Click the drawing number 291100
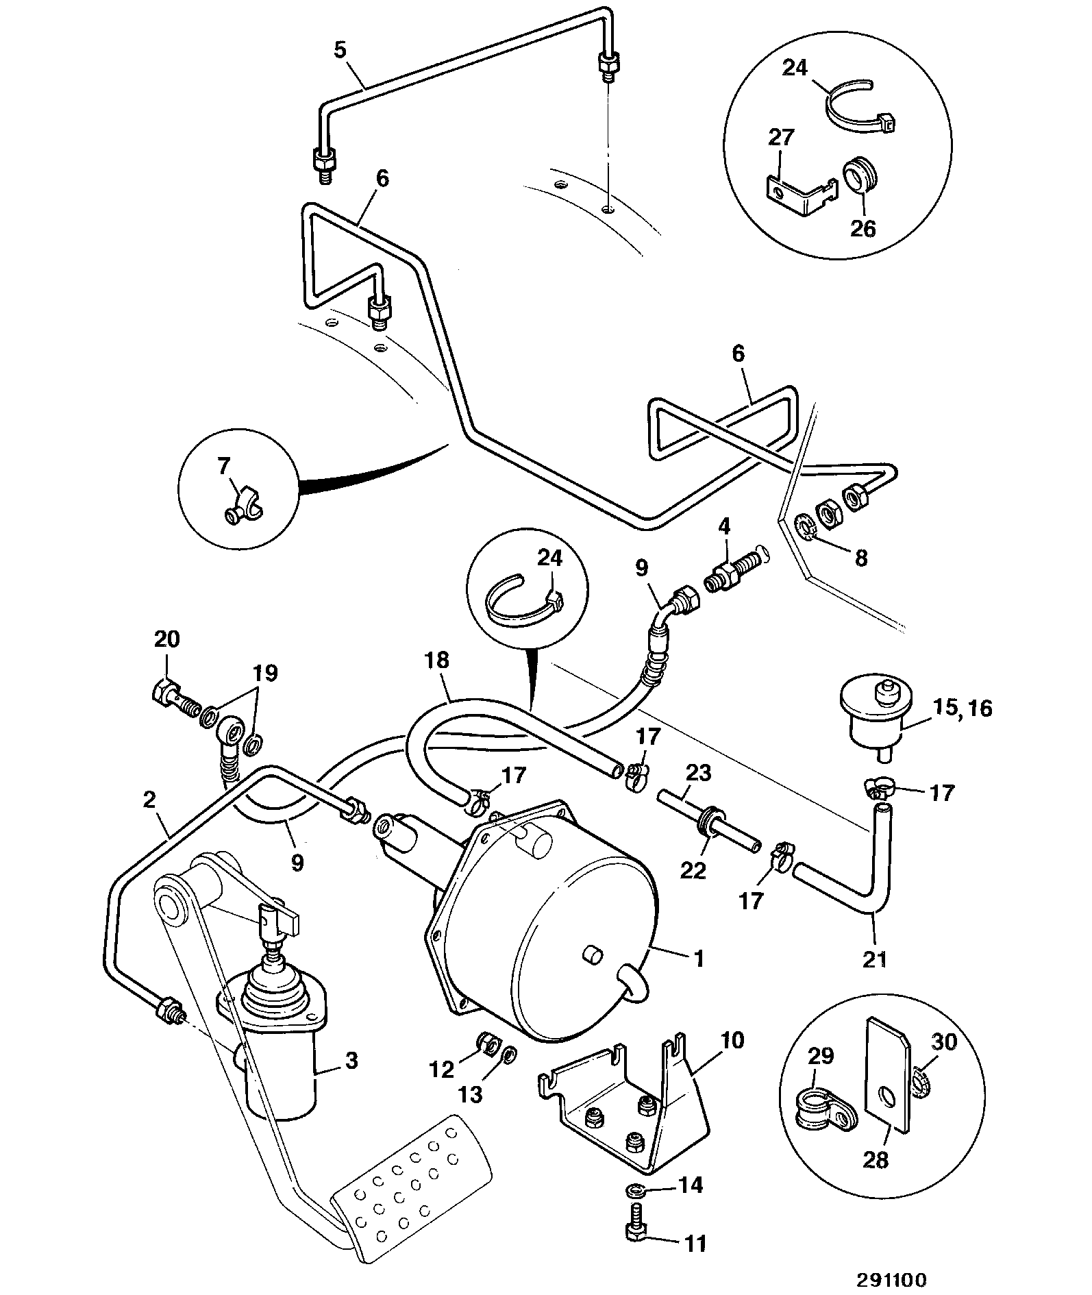coord(891,1279)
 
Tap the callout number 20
coord(166,639)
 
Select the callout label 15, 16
coord(962,708)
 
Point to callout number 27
coord(781,137)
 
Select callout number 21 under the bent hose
coord(874,959)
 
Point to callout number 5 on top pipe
coord(341,50)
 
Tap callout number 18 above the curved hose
coord(436,660)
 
